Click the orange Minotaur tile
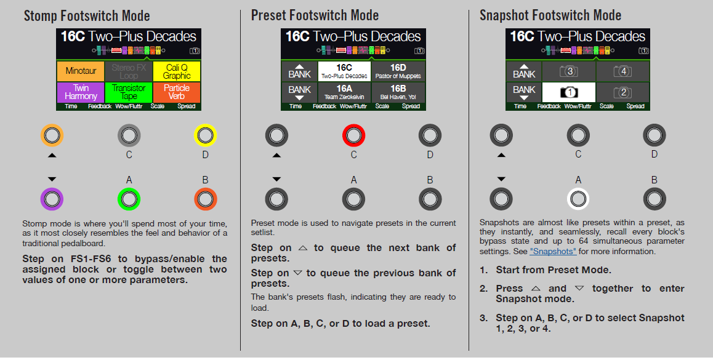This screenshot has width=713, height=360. [81, 71]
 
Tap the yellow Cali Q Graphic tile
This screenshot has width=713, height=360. [177, 71]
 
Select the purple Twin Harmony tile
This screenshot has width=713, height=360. [81, 92]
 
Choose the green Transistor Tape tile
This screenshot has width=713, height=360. [129, 92]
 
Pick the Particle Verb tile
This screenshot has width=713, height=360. [177, 92]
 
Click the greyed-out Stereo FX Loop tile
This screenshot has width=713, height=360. [129, 71]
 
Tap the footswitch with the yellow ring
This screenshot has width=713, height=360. [205, 135]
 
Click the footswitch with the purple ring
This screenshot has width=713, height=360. [52, 199]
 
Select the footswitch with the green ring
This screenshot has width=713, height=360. [129, 199]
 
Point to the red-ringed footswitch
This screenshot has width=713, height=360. [353, 135]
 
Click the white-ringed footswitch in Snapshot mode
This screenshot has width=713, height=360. [578, 199]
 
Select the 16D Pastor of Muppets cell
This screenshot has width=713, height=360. [398, 71]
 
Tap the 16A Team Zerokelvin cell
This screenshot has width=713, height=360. [344, 92]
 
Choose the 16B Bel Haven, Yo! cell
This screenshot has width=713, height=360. [398, 92]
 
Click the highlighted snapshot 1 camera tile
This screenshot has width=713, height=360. [568, 92]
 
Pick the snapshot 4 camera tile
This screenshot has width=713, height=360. [623, 71]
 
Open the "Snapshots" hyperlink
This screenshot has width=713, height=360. [553, 251]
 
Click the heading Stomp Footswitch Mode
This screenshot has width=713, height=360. [87, 16]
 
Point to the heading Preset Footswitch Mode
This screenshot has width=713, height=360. [315, 15]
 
